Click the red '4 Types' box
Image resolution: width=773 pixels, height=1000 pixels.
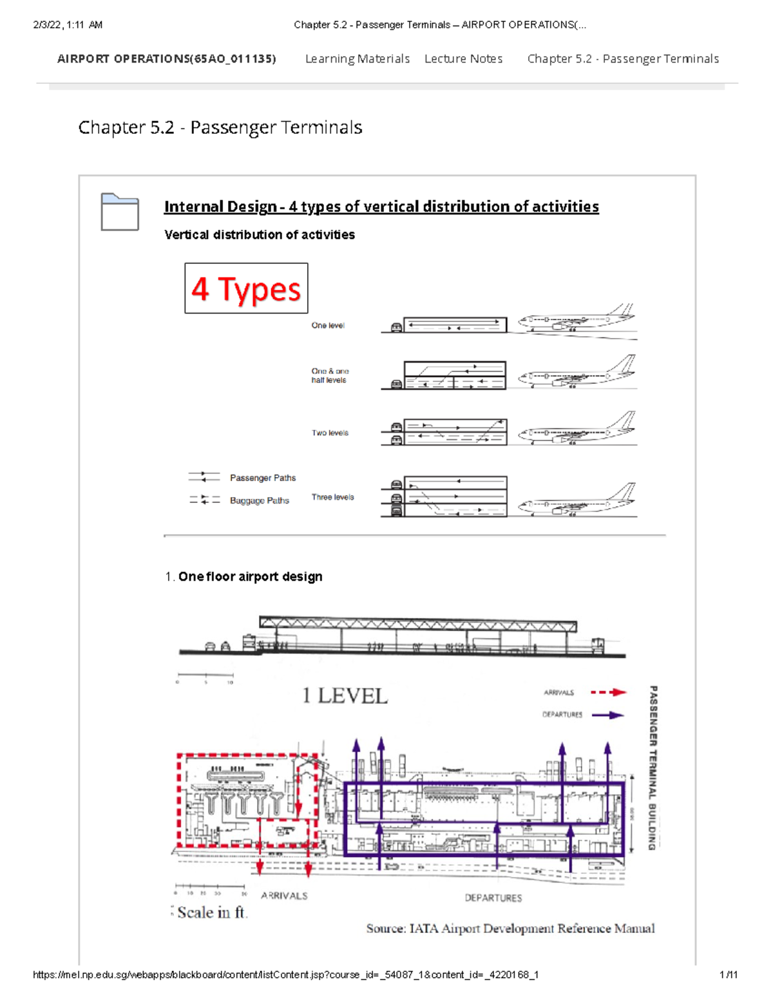click(246, 288)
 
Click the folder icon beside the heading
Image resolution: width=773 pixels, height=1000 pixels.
click(120, 212)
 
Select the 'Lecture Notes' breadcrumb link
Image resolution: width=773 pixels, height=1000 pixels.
click(463, 59)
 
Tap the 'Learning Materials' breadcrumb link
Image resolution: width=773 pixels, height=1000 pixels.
click(357, 59)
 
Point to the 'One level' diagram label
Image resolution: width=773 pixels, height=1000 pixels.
click(328, 326)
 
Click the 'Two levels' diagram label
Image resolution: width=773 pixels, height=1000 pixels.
click(330, 433)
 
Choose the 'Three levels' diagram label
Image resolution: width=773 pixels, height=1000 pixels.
click(332, 497)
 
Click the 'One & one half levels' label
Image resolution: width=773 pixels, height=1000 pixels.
click(329, 375)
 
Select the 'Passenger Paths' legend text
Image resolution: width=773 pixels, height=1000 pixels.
click(263, 478)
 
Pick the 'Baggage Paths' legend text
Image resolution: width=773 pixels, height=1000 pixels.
click(260, 500)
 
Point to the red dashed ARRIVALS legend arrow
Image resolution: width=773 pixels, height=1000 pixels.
click(608, 693)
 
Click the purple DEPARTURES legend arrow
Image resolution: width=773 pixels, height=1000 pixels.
click(607, 715)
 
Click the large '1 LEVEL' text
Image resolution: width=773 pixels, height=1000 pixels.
click(345, 696)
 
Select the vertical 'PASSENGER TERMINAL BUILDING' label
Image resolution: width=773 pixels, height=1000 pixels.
click(653, 768)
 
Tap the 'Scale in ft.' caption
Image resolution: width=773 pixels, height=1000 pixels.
click(212, 912)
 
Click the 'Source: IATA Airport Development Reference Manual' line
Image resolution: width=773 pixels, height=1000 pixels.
click(510, 929)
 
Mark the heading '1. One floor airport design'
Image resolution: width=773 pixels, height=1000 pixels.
click(244, 577)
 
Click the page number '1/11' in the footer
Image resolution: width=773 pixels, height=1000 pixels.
click(728, 975)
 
